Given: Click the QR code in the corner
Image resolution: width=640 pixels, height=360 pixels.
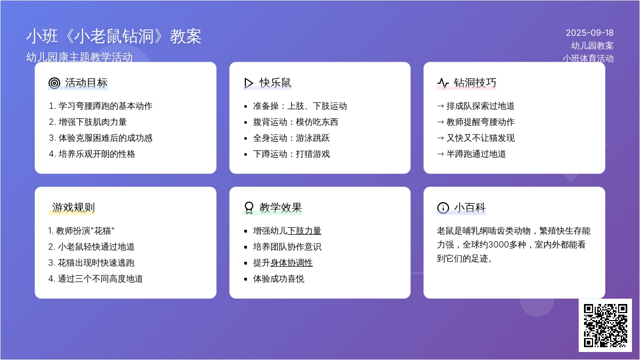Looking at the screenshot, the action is coord(605,325).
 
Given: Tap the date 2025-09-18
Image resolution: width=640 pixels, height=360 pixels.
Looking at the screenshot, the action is coord(590,33).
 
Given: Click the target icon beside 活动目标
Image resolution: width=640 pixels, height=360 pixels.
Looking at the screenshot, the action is coord(54,83).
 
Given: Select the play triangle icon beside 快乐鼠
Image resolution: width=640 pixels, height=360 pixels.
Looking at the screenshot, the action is coord(249,83).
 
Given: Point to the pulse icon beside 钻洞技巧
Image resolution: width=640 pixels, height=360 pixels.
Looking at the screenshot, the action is coord(443,83).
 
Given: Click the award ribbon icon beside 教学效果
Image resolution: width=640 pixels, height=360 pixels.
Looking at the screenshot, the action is coord(249,207).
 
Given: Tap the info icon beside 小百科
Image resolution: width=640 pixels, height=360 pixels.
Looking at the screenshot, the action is coord(443,207).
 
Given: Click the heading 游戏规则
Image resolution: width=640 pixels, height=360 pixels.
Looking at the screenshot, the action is coord(74,207).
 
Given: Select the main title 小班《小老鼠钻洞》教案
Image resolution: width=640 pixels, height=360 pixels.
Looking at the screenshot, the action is coord(114,37).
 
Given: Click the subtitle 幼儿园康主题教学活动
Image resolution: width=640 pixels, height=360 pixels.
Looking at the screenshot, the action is coord(79,57).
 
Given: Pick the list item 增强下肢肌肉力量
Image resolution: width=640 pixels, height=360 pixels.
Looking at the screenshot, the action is coord(87,122).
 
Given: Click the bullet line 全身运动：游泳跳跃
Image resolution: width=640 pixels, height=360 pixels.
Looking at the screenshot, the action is coord(291,138).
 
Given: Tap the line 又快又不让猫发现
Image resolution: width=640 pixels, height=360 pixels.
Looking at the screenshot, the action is coord(481,138).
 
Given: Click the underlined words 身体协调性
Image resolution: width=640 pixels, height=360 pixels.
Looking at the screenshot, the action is coord(291,262).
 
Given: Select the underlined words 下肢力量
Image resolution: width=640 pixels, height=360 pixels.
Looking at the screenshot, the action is coord(305,230).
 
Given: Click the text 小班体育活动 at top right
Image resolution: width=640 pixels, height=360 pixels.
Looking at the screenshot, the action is coord(588,58).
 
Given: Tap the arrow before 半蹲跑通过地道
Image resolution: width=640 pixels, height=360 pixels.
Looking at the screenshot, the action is coord(441,154).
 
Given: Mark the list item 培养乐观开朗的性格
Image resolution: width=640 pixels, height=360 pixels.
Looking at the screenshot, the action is coord(92,154).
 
